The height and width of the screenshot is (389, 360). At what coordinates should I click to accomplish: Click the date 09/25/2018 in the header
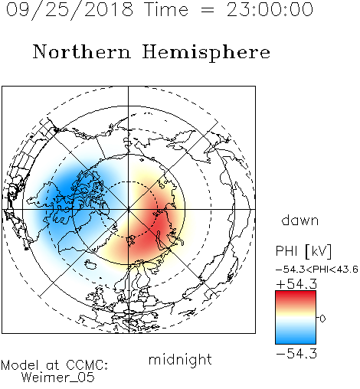point(70,10)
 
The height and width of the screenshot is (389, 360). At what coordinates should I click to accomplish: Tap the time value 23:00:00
point(270,9)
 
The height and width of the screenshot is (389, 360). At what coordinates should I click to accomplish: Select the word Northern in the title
point(82,51)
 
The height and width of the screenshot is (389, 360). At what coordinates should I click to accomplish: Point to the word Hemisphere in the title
point(206,52)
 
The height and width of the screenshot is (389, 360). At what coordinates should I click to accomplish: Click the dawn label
point(300,221)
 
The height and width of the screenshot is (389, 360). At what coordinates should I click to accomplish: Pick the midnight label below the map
point(180,359)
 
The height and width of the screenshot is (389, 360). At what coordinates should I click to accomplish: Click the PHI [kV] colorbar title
point(303,251)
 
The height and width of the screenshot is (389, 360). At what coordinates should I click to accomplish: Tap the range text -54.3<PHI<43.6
point(317,270)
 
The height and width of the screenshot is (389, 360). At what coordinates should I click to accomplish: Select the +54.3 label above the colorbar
point(296,284)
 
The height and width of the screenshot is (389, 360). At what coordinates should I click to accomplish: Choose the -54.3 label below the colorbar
point(296,354)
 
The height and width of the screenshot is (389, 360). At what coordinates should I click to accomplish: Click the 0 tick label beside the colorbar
point(322,319)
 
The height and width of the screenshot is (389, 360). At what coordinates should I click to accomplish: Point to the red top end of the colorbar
point(296,293)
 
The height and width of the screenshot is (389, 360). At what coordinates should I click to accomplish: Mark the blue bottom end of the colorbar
point(296,342)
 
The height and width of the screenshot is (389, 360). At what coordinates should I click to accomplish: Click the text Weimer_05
point(58,378)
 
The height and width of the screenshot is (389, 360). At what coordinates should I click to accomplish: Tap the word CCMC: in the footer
point(87,365)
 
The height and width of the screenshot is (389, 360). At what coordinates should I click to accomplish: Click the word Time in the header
point(166,10)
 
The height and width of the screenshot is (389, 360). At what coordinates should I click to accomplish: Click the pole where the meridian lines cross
point(129,210)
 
